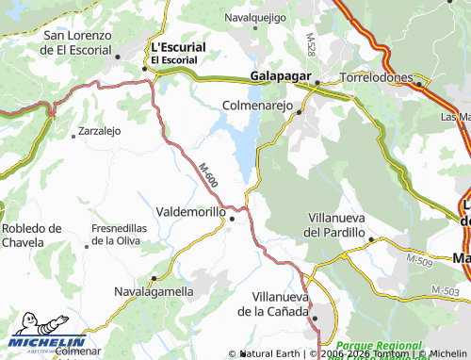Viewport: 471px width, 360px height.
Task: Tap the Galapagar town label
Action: point(281,75)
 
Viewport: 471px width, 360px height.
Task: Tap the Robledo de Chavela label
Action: point(31,235)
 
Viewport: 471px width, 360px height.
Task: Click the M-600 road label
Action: point(208,173)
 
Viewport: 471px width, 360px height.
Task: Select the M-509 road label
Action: point(420,257)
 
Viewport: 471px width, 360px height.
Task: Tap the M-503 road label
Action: point(445,289)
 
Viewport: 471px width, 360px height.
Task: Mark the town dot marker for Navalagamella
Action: point(153,279)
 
